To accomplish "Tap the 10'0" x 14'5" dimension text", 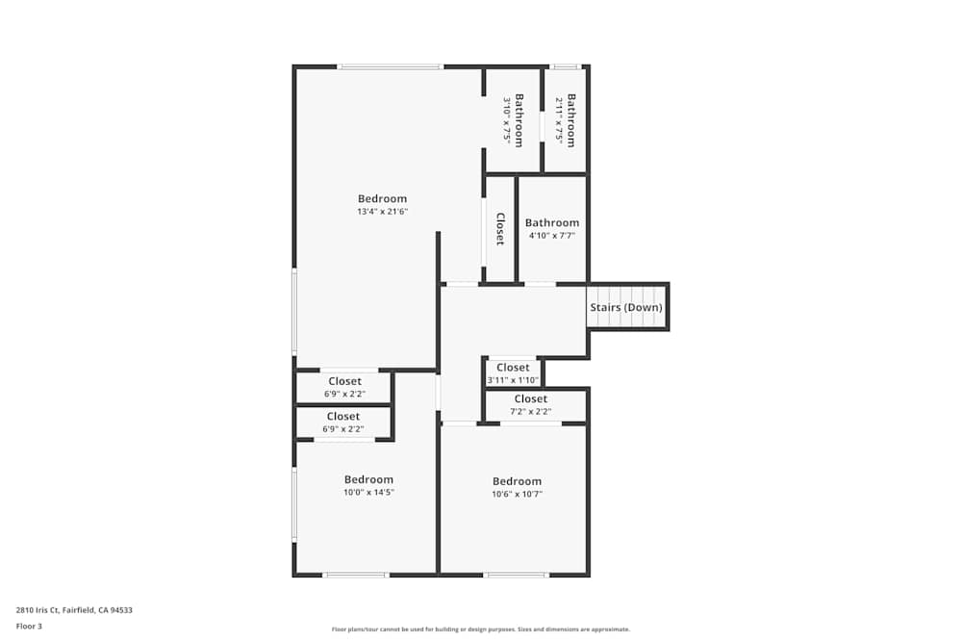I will coord(369,492).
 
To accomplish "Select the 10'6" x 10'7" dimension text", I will coord(517,494).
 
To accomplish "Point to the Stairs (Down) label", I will coord(626,308).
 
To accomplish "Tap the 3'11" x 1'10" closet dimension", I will coord(513,380).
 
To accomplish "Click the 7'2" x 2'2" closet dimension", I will coord(530,411).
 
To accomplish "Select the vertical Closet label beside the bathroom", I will coord(500,229).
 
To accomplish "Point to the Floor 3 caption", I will coord(29,626).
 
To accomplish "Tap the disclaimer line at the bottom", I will coord(481,629).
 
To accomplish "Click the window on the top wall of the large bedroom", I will coord(390,66).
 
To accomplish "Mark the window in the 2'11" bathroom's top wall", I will coord(566,66).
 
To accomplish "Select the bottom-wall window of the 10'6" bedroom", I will coord(517,575).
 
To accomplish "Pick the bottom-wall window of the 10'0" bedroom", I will coord(355,575).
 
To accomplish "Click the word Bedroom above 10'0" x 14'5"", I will coord(369,479).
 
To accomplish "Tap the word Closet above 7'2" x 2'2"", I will coord(530,398).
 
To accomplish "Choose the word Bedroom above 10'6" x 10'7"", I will coord(517,481).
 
